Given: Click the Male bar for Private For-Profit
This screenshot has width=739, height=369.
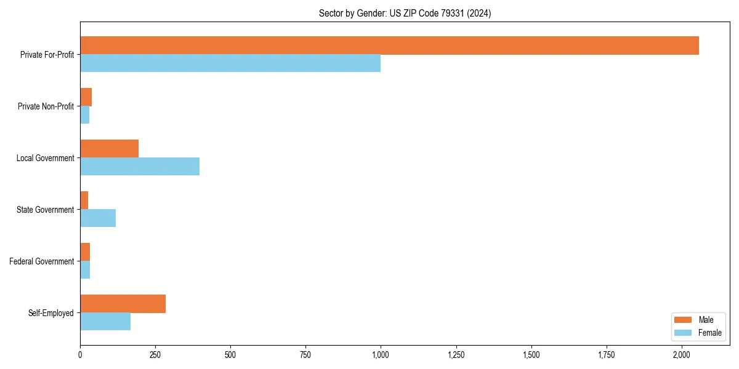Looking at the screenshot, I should coord(389,46).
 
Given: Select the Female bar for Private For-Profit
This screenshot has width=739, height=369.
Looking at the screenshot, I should coord(230,63).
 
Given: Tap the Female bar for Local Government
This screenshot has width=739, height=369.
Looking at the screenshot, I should coord(140,167).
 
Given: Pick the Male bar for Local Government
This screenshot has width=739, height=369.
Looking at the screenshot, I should coord(109,149).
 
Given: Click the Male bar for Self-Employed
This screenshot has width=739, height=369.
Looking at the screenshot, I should coord(123,304).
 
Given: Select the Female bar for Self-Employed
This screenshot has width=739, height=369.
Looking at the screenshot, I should coord(105,322).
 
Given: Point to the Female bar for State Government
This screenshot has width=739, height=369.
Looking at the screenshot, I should coord(98,218).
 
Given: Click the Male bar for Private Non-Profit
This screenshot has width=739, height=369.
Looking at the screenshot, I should coord(86,97).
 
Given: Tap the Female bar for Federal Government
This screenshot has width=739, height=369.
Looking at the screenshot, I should coord(85,270).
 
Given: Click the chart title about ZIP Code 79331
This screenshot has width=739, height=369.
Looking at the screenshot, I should coord(405,13).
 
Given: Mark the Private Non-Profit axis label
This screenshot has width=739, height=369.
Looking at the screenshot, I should coord(46,106).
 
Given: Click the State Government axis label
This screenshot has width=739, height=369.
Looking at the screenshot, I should coord(45,210).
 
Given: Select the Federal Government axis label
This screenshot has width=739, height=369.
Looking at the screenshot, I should coord(42,261).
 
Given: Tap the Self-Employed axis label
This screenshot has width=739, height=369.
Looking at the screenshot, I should coord(51,313).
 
